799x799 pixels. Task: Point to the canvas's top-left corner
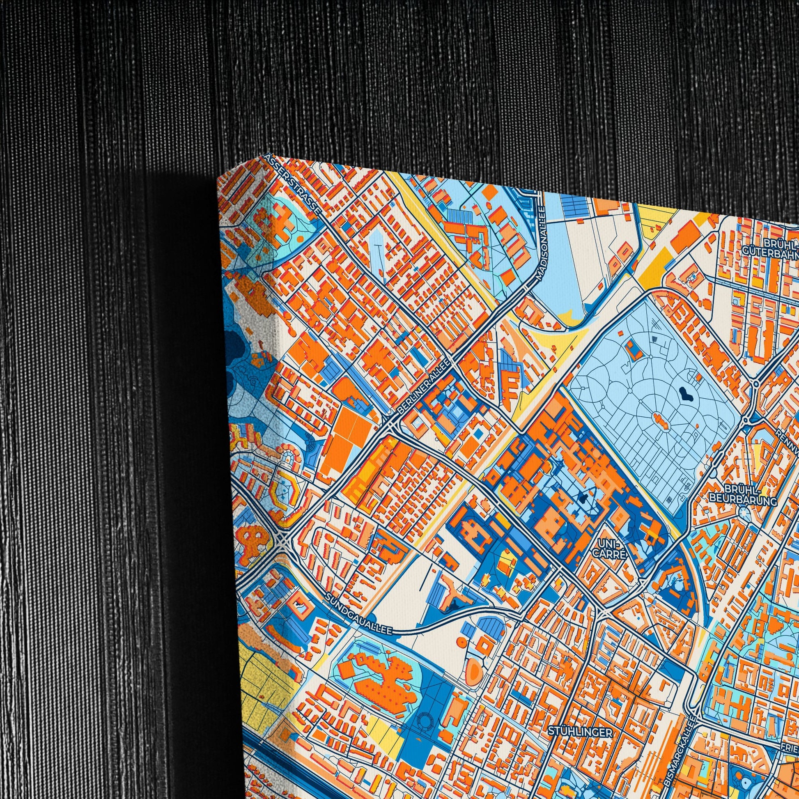(x=218, y=179)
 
